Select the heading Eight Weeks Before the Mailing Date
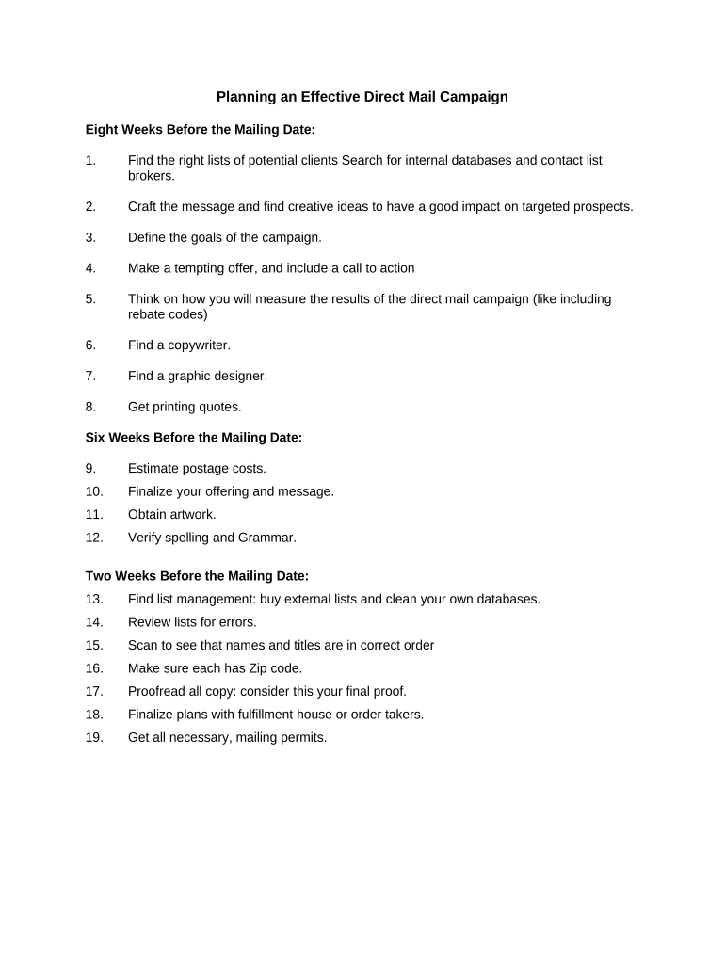tap(200, 129)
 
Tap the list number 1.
tap(90, 160)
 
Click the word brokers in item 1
tap(151, 175)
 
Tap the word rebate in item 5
tap(147, 314)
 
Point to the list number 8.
tap(90, 407)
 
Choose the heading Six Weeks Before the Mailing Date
tap(194, 438)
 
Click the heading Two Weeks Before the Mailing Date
tap(197, 576)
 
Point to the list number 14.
tap(94, 622)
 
